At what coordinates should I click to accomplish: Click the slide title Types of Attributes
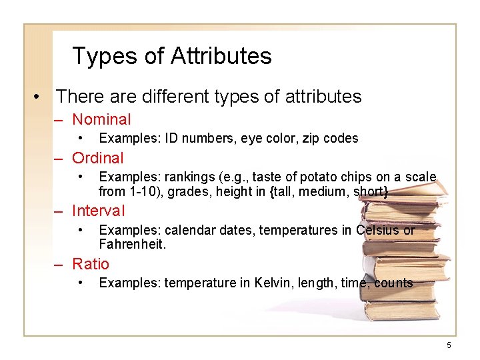[x=171, y=56]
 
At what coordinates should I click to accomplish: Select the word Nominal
[x=101, y=120]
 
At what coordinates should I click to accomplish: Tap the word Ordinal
[x=98, y=159]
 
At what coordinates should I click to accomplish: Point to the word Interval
[x=98, y=211]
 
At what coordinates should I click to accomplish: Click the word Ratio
[x=91, y=264]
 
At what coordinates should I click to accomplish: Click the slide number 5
[x=449, y=345]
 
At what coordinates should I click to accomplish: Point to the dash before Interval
[x=59, y=211]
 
